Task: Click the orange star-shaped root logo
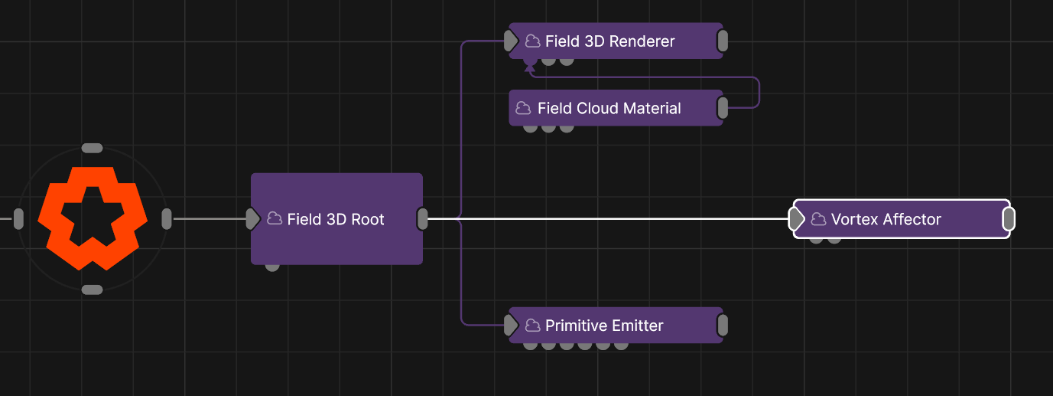click(x=93, y=218)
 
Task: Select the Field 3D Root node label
click(x=336, y=219)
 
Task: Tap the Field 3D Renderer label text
click(x=609, y=41)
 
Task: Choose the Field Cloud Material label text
click(x=609, y=108)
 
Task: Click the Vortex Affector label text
click(x=886, y=219)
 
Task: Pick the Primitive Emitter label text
click(x=604, y=326)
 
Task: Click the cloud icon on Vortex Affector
click(x=818, y=219)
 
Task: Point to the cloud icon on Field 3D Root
click(x=275, y=218)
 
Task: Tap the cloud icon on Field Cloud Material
click(x=523, y=108)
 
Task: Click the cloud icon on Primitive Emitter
click(x=532, y=325)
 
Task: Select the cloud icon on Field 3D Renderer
click(x=532, y=41)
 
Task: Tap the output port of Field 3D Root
click(x=423, y=219)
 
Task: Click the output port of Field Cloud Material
click(x=723, y=108)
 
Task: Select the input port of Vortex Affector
click(x=796, y=219)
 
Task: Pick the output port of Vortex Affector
click(x=1009, y=219)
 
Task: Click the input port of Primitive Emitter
click(x=511, y=326)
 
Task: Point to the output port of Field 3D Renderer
click(x=723, y=41)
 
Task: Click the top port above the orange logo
click(x=92, y=149)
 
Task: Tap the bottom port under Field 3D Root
click(x=272, y=267)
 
